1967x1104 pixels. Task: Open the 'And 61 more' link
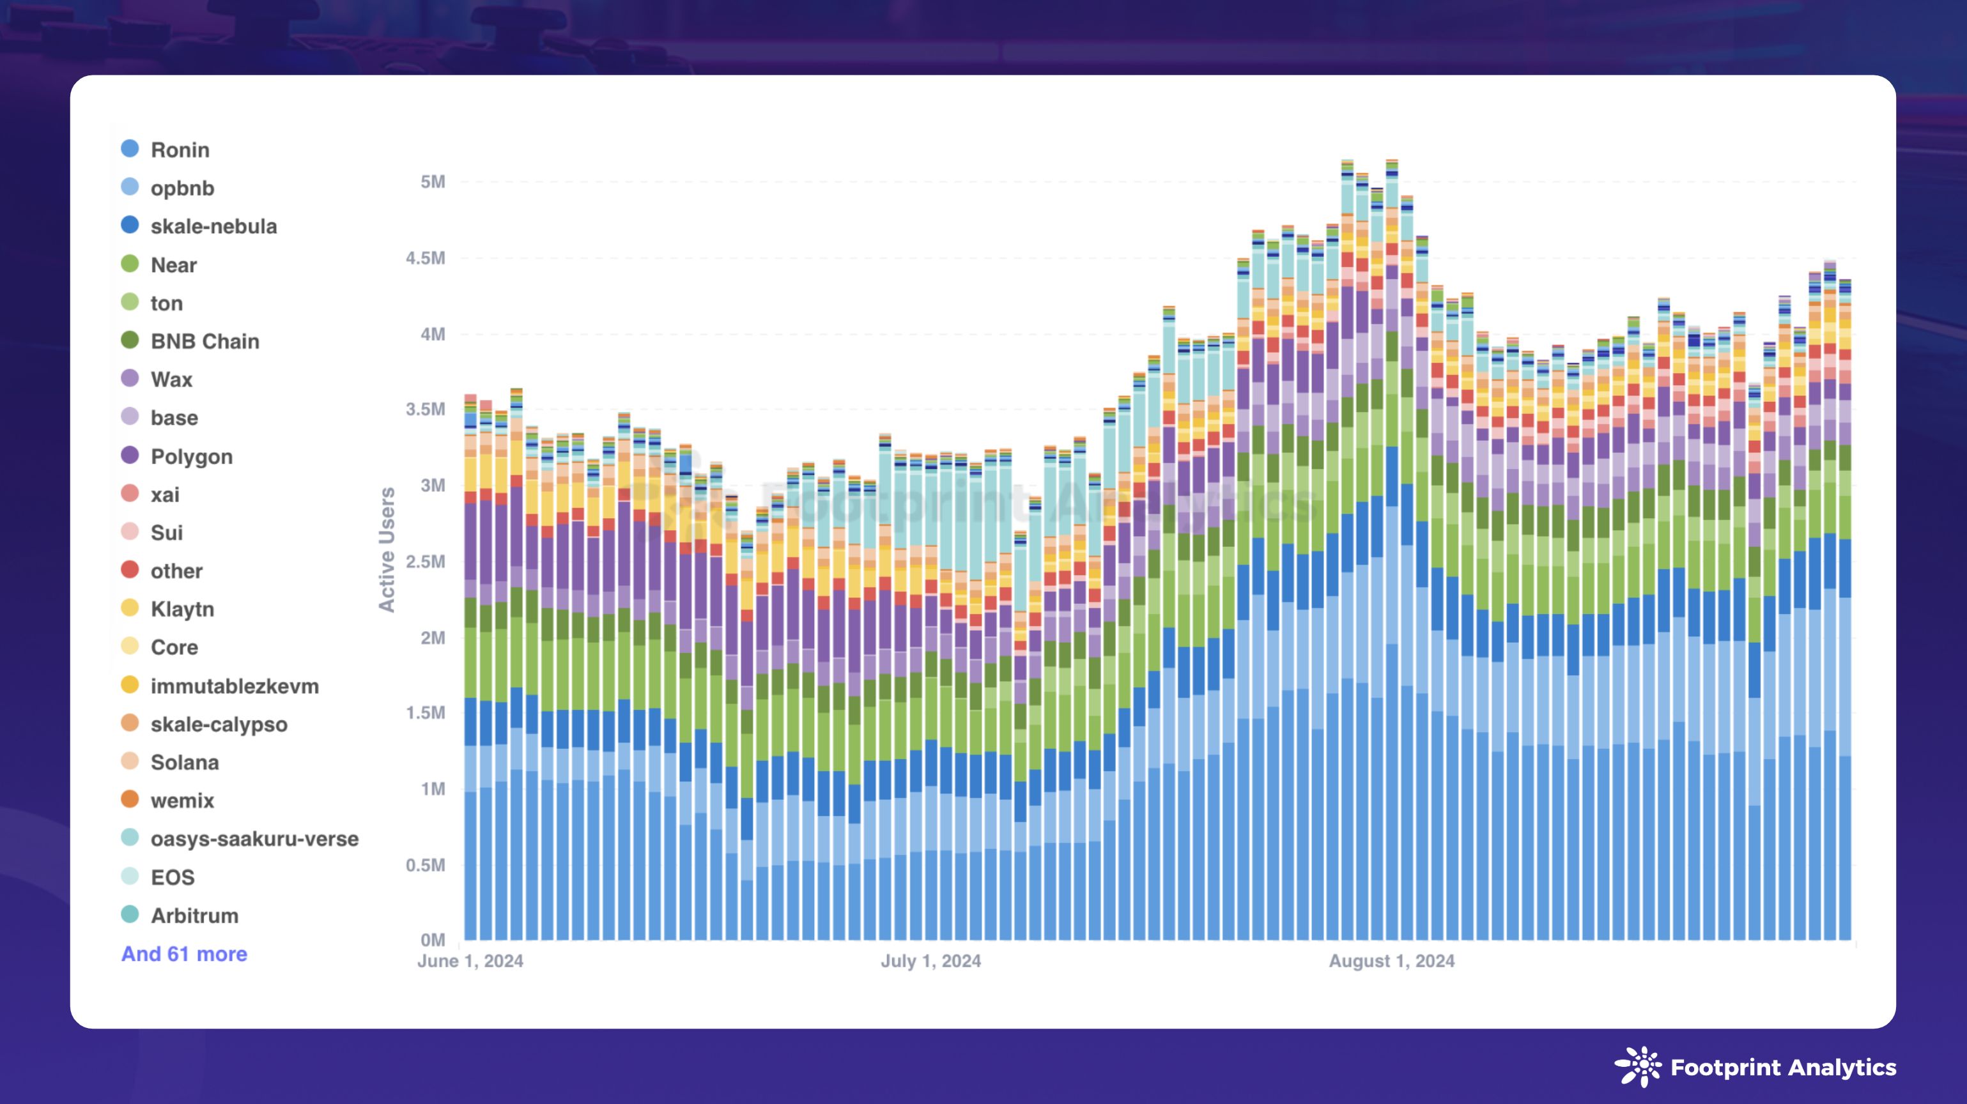point(184,954)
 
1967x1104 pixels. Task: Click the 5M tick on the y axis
point(432,181)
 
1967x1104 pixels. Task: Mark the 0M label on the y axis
point(432,940)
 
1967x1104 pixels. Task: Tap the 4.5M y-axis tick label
point(426,258)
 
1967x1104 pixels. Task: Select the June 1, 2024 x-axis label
point(470,962)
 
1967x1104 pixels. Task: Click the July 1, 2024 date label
point(931,962)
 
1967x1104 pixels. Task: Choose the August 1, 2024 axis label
point(1391,962)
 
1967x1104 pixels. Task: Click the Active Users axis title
point(387,549)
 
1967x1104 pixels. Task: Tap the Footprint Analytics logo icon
point(1637,1066)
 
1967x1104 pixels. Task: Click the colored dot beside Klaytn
point(130,608)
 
